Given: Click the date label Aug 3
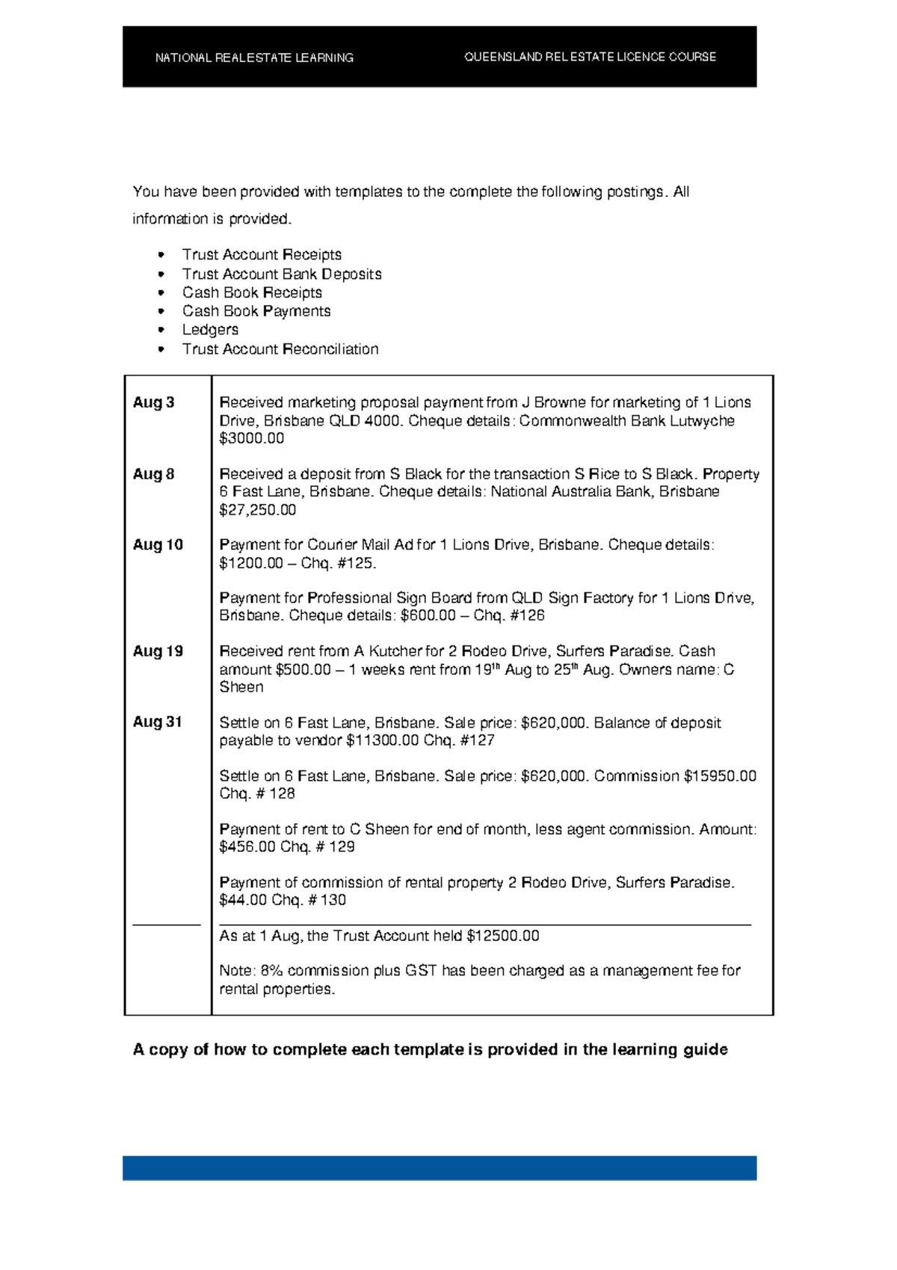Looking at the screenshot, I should pos(153,402).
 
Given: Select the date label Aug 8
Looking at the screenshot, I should pos(153,474).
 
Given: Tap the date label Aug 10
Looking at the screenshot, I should pos(158,545).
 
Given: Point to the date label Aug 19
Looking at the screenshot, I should pos(158,651).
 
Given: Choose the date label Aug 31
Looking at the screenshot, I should pos(158,723).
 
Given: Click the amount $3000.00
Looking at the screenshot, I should pos(251,439).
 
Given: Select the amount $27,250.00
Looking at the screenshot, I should pos(257,510).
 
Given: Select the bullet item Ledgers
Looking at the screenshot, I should pos(210,330).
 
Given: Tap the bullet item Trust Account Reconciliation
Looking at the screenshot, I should pos(280,349).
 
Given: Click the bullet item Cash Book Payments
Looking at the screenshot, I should pos(256,311).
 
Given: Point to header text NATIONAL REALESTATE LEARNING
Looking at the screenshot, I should pos(254,58).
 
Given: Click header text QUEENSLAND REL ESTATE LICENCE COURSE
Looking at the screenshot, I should pos(590,57).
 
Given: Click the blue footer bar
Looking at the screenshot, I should pos(440,1168).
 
